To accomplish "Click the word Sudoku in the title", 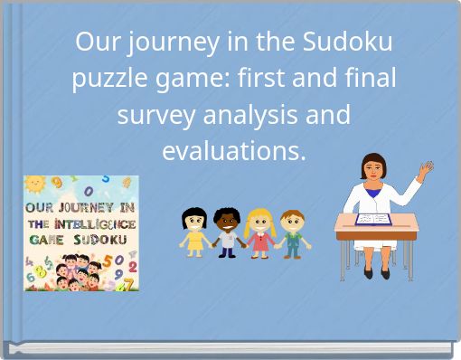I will click(x=351, y=42).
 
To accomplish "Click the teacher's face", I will click(x=373, y=169).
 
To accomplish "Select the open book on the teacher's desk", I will click(x=372, y=219).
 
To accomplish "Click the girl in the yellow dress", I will click(x=195, y=232).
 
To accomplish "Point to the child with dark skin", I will click(x=226, y=232).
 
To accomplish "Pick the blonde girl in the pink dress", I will click(x=259, y=232).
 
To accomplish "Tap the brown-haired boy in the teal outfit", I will click(x=291, y=232).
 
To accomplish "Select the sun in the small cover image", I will click(x=36, y=185).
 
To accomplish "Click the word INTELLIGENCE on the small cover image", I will click(x=94, y=223).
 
